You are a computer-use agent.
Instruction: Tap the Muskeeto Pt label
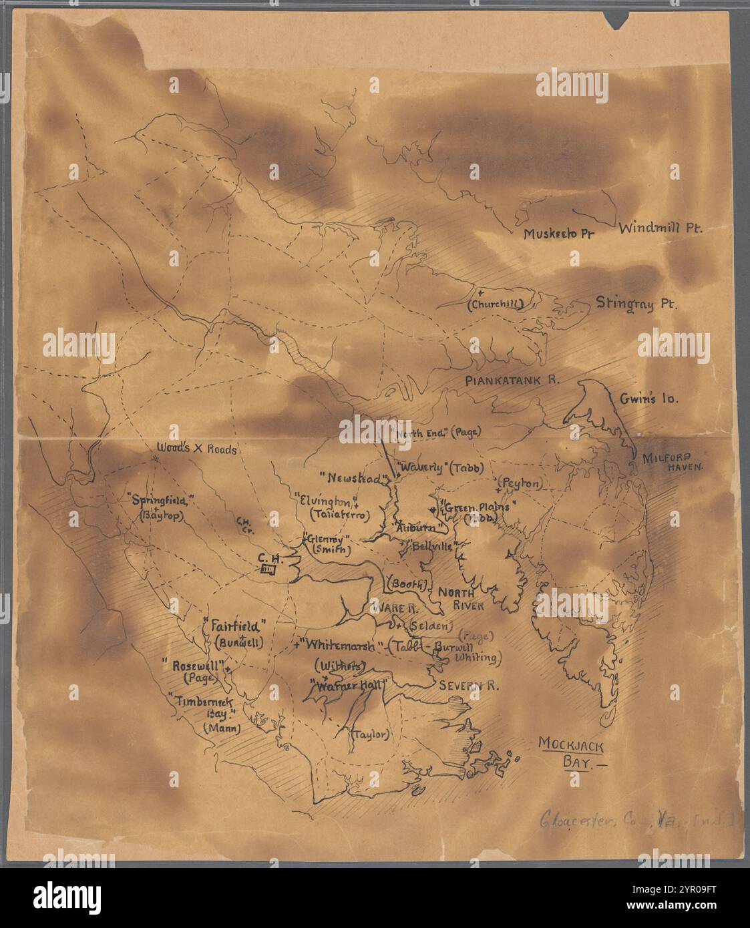coord(559,234)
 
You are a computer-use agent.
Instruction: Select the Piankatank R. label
coord(512,380)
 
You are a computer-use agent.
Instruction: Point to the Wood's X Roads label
coord(196,449)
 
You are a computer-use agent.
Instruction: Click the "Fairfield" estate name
coord(238,626)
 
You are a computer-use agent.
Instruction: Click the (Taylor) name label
coord(369,734)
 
